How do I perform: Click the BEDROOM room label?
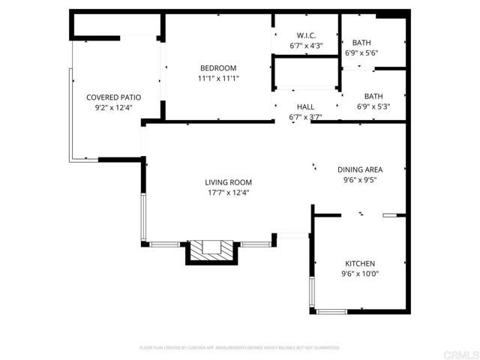coord(217,68)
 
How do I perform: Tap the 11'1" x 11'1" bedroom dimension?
coord(217,78)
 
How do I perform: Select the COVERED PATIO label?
coord(114,97)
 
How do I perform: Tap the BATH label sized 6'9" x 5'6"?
coord(361,43)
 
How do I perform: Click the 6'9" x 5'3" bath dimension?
coord(373,106)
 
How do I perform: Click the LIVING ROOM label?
coord(228,182)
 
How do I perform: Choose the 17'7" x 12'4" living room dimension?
coord(228,193)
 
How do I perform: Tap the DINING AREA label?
coord(359,170)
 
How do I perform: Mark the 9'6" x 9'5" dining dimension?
coord(359,180)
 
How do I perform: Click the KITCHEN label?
coord(359,263)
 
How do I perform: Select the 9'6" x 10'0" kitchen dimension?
coord(359,274)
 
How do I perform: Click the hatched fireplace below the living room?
coord(212,249)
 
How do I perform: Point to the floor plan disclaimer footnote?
coord(240,348)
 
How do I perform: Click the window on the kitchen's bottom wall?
coord(331,310)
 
